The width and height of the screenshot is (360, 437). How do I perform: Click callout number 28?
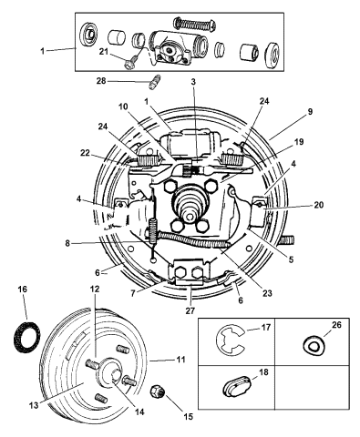pyautogui.click(x=102, y=81)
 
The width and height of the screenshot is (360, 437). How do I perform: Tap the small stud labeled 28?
pyautogui.click(x=154, y=82)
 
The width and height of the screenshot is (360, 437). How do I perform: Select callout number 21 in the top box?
pyautogui.click(x=104, y=52)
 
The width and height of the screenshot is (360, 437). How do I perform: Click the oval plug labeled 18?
pyautogui.click(x=237, y=386)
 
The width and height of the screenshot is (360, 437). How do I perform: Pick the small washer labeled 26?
pyautogui.click(x=314, y=345)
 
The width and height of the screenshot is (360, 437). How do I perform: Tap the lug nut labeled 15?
pyautogui.click(x=158, y=391)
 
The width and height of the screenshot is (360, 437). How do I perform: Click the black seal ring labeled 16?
pyautogui.click(x=27, y=338)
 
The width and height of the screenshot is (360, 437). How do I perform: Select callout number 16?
pyautogui.click(x=22, y=290)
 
